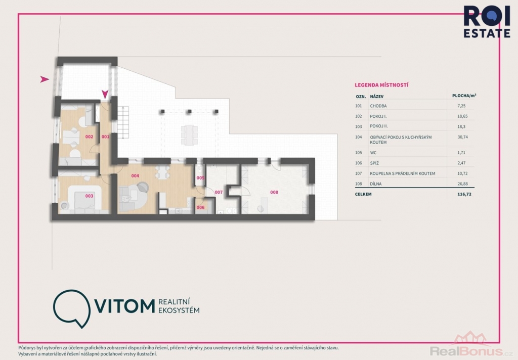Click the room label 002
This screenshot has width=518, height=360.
[89, 137]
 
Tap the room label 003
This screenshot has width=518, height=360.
[89, 196]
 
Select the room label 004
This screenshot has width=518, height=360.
[135, 176]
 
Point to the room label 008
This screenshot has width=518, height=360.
[274, 192]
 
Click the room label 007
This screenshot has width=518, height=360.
[219, 192]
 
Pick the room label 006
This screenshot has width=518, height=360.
[200, 207]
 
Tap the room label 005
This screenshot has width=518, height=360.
[200, 178]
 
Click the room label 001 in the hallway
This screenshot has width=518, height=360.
[105, 137]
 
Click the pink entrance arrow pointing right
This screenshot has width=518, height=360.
[45, 79]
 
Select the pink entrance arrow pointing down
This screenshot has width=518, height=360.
[105, 95]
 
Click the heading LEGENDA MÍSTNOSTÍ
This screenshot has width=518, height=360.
[381, 85]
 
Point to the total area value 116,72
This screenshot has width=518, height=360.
[464, 194]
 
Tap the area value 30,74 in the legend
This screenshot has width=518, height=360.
[462, 137]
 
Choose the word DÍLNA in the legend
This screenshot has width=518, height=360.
[376, 184]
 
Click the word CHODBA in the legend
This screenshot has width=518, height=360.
[378, 106]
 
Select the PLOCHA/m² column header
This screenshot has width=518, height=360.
[464, 96]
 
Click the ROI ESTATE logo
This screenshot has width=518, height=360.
[487, 22]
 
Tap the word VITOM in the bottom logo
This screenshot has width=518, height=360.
[124, 306]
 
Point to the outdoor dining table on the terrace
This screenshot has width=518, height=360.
[189, 135]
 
